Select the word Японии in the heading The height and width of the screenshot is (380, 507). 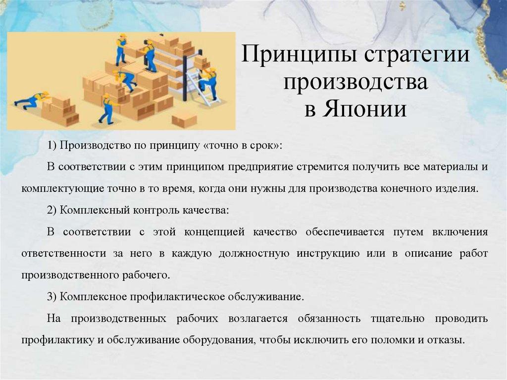point(364,109)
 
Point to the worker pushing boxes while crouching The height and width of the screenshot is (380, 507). point(32,100)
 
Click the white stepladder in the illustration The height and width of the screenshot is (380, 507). point(203,87)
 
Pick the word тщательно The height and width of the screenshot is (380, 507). point(398,319)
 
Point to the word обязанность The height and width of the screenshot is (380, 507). point(329,319)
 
